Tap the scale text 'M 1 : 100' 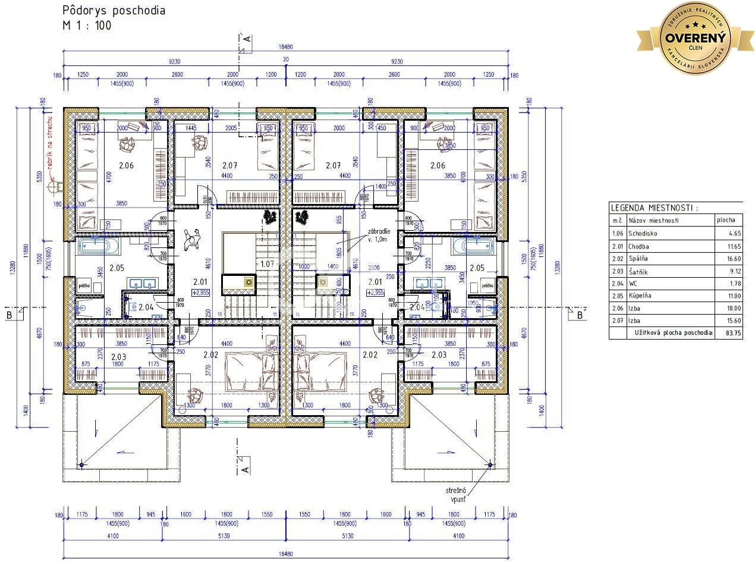(x=87, y=25)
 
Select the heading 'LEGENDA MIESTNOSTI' (x=654, y=208)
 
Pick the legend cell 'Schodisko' (x=643, y=234)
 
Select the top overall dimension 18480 (x=285, y=47)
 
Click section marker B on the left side (x=10, y=315)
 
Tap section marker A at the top (x=247, y=39)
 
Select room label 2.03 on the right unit (x=439, y=355)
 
